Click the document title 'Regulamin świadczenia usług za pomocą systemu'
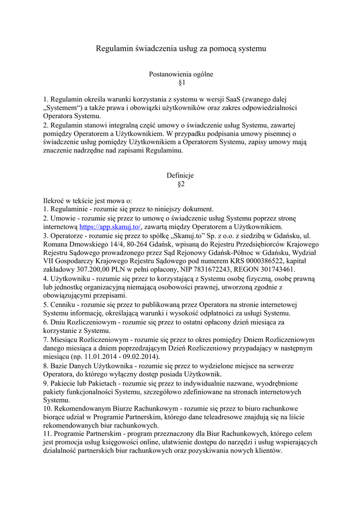point(181,49)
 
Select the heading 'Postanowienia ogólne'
point(181,74)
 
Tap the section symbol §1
point(181,82)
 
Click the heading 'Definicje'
point(180,175)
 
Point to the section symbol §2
point(181,184)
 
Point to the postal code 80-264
point(150,244)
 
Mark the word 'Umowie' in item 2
point(62,218)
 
